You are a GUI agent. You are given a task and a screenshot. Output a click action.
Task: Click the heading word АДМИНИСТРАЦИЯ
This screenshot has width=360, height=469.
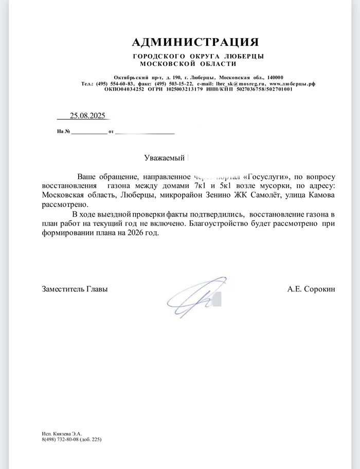[x=195, y=42]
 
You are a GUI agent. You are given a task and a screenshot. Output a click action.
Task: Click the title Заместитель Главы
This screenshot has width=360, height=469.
[x=75, y=289]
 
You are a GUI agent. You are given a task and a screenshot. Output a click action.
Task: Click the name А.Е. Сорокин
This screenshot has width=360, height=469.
[x=311, y=289]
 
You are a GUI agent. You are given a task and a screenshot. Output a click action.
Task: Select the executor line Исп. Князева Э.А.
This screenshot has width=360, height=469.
[x=62, y=434]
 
